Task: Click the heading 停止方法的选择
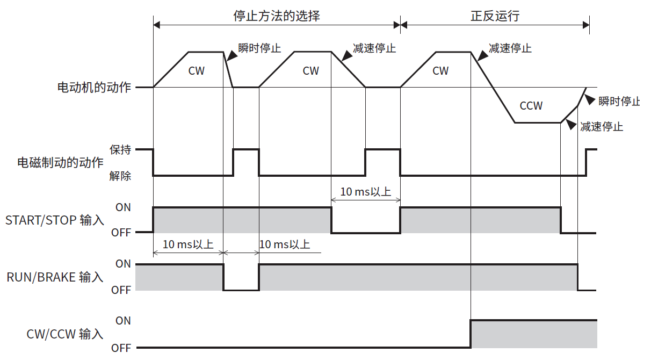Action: (x=276, y=16)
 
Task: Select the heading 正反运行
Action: (x=495, y=16)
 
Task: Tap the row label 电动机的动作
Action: (x=94, y=87)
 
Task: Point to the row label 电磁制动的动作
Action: (x=60, y=162)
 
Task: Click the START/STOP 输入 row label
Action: (x=54, y=220)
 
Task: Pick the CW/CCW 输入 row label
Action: (x=64, y=334)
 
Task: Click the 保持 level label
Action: (x=120, y=150)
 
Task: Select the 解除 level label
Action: (x=120, y=176)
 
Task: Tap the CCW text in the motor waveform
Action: (x=531, y=106)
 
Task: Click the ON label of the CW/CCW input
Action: (x=123, y=321)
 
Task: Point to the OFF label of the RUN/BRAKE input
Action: (x=121, y=291)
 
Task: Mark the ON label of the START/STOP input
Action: (x=123, y=207)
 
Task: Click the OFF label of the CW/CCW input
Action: (x=121, y=348)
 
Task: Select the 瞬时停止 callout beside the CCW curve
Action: (x=619, y=101)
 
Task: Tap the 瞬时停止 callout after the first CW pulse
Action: (x=259, y=48)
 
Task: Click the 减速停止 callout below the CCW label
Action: (x=602, y=127)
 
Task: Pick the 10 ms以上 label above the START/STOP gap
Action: (x=366, y=191)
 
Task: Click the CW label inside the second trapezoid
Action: (x=310, y=71)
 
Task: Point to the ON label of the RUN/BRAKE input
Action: (x=123, y=264)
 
